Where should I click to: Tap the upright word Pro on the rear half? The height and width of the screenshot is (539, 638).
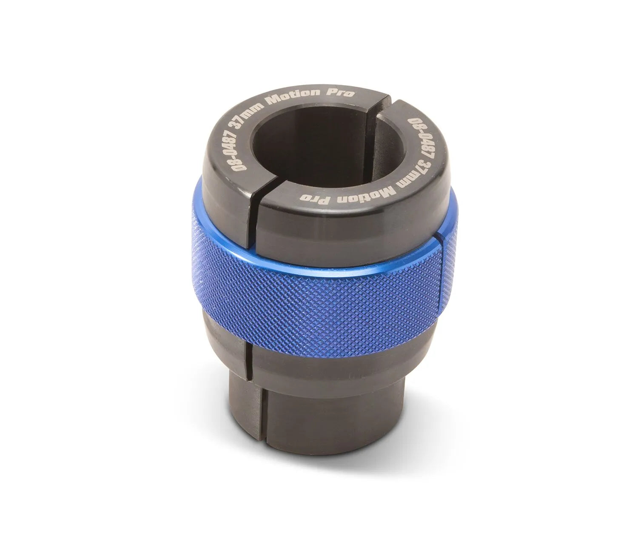click(342, 92)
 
